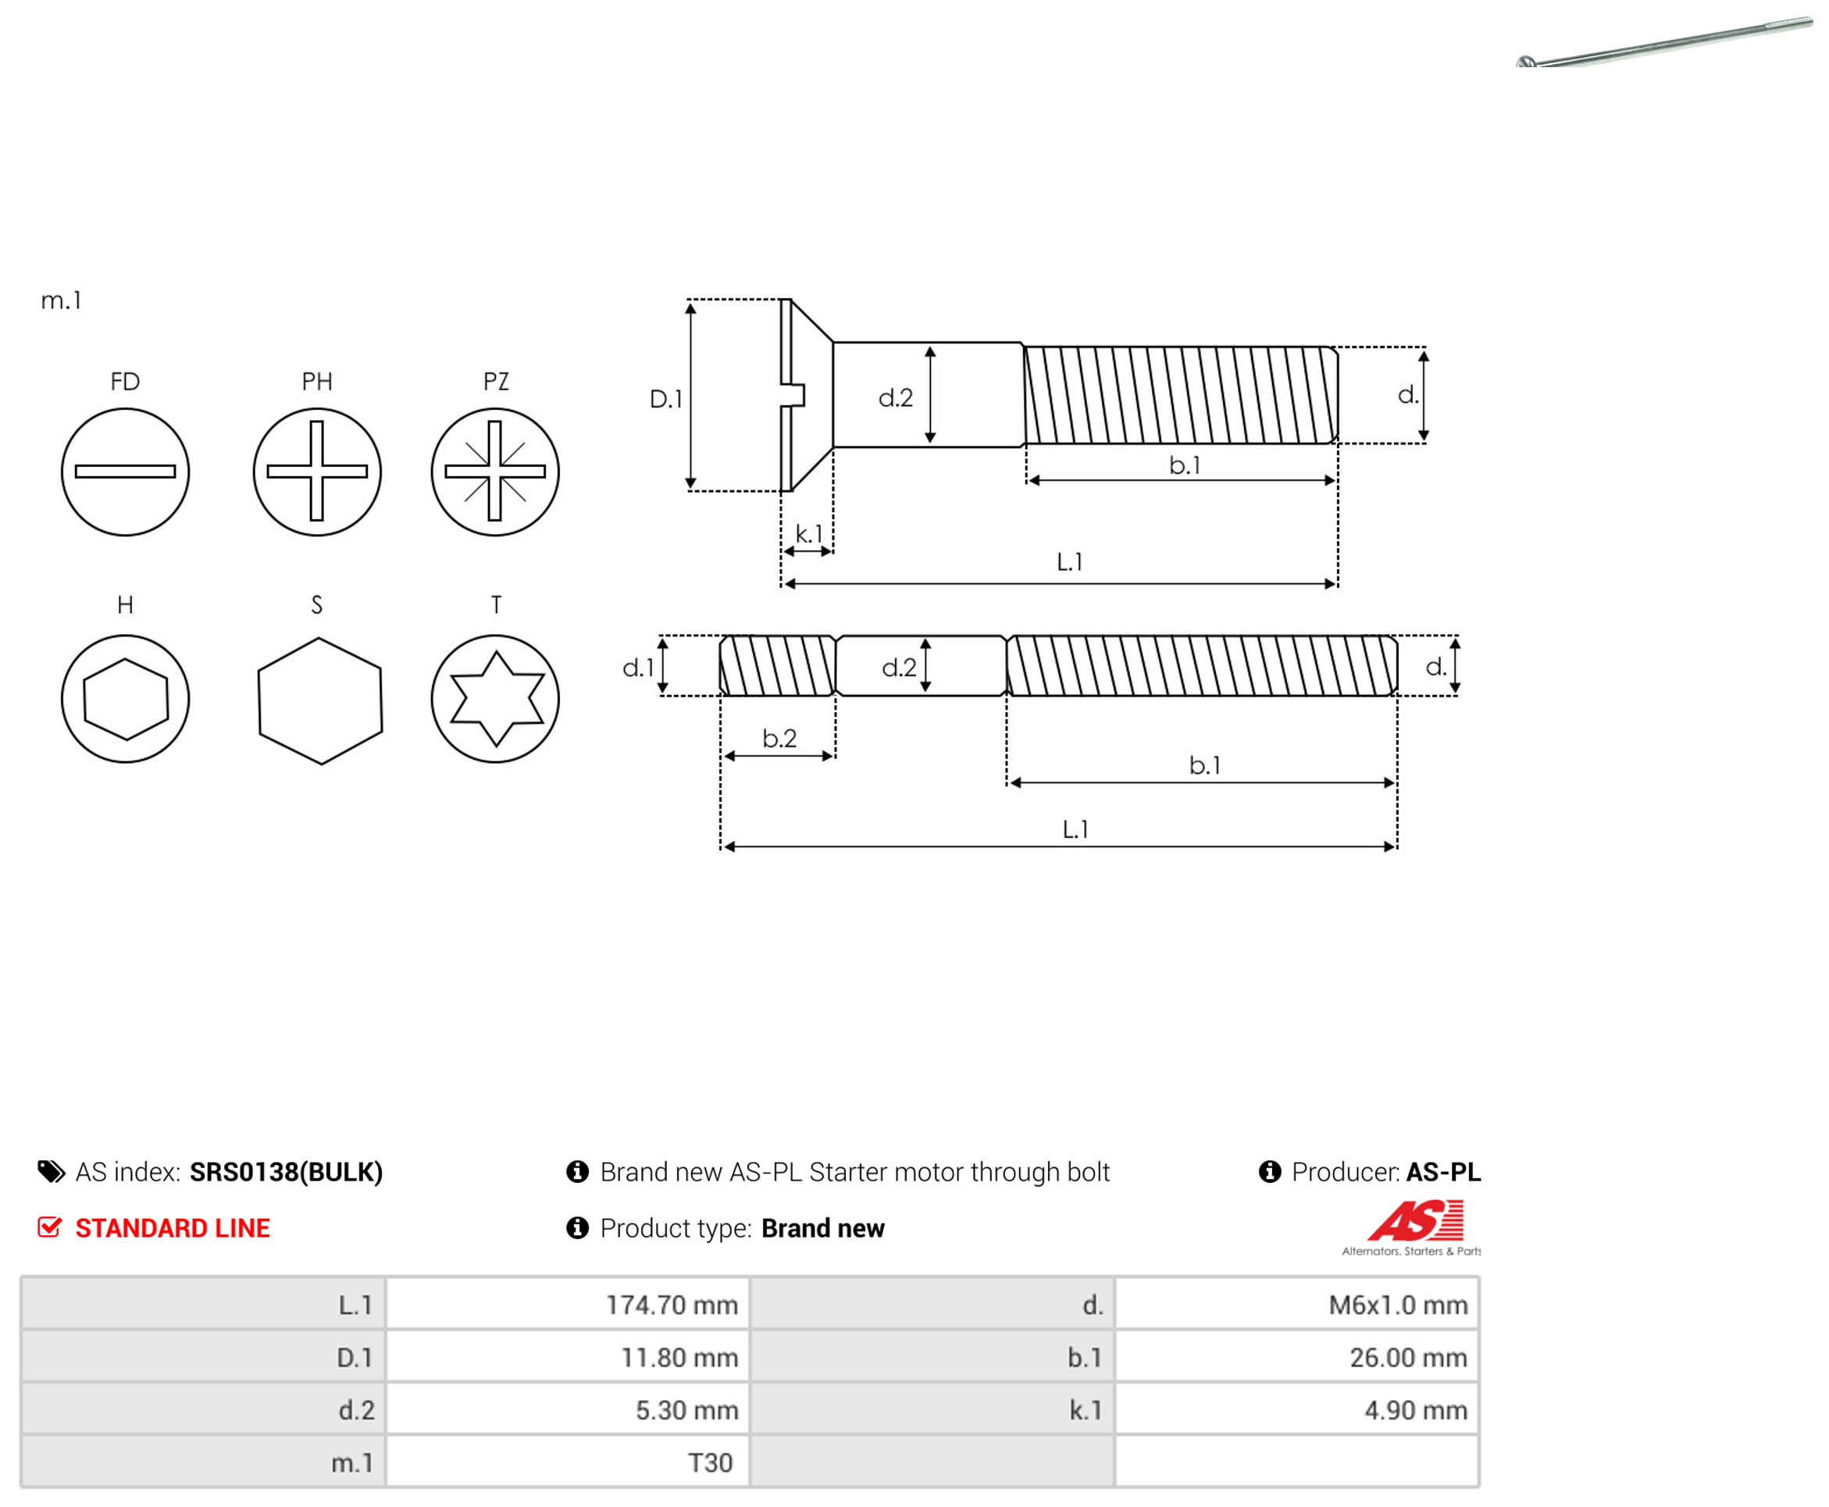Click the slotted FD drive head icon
[125, 472]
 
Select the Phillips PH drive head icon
[317, 472]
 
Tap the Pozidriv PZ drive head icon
[495, 472]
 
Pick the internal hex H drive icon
[125, 699]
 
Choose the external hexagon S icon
[320, 700]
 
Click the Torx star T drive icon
[495, 699]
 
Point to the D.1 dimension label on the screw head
[666, 398]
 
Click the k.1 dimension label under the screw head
[808, 533]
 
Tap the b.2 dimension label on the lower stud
[779, 738]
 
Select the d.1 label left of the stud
[638, 667]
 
